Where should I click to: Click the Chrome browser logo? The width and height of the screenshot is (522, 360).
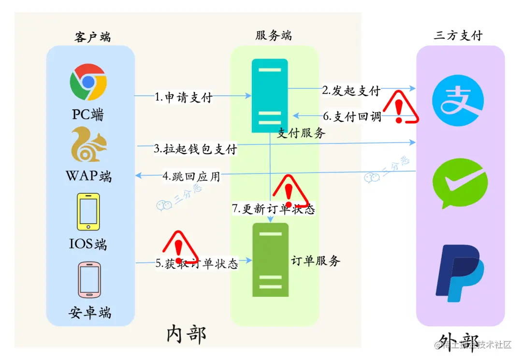(88, 82)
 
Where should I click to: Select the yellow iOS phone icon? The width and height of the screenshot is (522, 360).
(88, 212)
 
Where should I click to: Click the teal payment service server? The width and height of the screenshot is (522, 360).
(270, 96)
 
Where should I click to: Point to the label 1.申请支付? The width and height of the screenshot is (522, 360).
(184, 97)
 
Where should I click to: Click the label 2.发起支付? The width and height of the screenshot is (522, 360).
(351, 90)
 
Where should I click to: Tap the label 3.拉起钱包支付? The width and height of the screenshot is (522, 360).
(195, 149)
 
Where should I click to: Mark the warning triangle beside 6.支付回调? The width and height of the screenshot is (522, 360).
(399, 107)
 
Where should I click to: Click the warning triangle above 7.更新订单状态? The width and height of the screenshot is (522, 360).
(290, 190)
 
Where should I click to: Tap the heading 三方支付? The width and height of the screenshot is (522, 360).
(458, 35)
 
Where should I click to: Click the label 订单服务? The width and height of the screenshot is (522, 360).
(316, 261)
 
